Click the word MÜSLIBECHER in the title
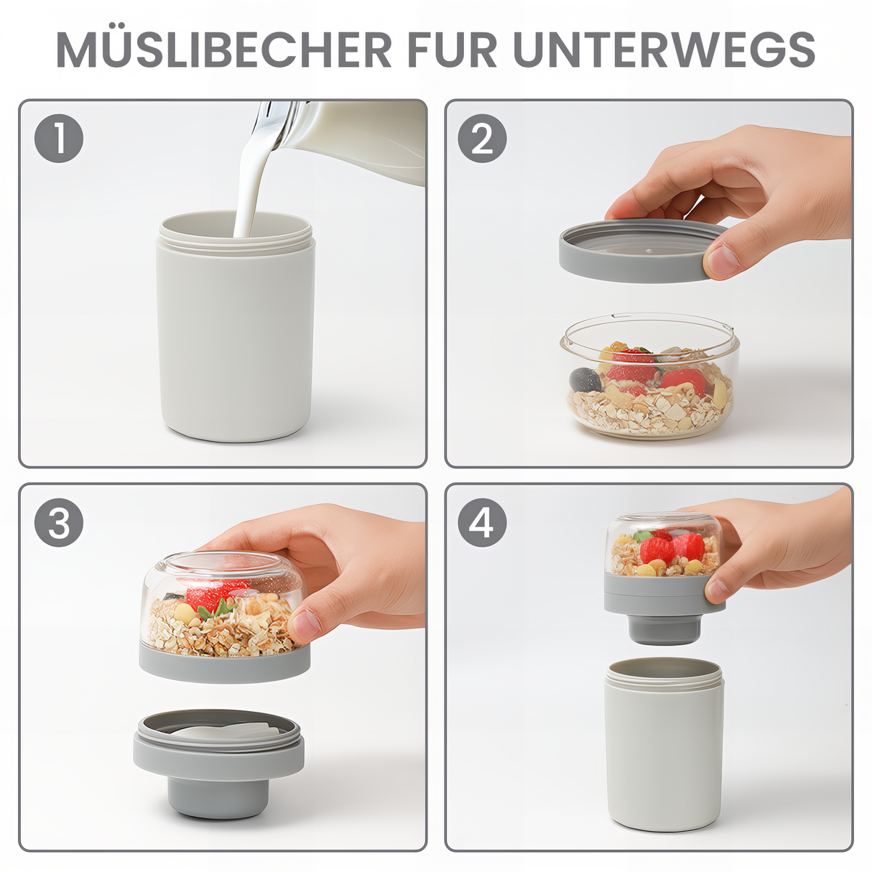click(223, 50)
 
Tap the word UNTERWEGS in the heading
click(664, 50)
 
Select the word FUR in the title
click(452, 50)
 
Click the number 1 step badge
click(59, 138)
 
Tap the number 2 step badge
click(482, 138)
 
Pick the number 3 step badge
click(59, 522)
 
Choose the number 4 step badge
click(482, 522)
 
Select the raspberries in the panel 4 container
click(672, 548)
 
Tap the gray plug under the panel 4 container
click(664, 629)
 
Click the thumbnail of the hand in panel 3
click(305, 623)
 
